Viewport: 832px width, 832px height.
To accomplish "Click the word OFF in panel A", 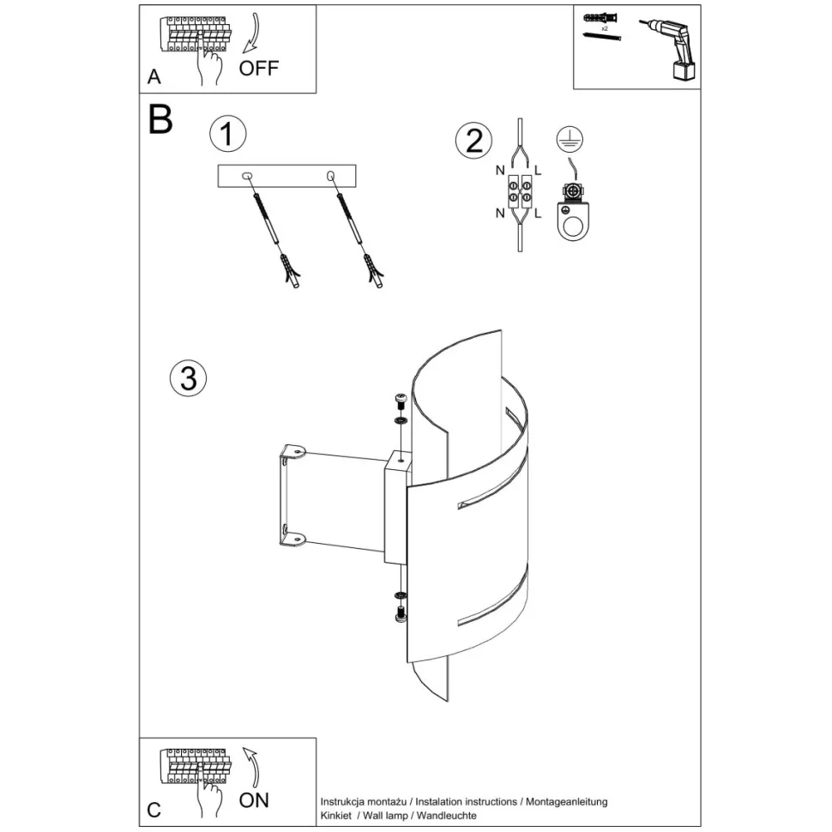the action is click(x=258, y=68).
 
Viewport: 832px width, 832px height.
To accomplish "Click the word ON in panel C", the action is click(x=254, y=800).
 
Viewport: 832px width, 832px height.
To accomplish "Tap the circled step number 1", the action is click(x=228, y=133).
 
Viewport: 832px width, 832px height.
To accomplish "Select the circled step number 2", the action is click(x=473, y=141).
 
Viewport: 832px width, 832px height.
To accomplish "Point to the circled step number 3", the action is click(x=189, y=378).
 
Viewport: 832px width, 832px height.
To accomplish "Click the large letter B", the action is click(x=160, y=119).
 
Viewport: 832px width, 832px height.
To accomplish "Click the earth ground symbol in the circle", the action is click(x=570, y=140).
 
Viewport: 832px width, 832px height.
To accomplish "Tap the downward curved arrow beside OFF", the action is click(x=252, y=33).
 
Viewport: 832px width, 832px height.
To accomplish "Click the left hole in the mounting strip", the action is click(x=247, y=176).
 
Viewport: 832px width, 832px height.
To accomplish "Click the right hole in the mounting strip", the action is click(x=330, y=175).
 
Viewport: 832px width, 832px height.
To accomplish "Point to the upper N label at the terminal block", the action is click(x=500, y=171).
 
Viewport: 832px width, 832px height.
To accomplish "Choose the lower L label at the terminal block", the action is click(x=538, y=214).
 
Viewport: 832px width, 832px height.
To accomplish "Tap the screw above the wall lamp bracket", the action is click(x=400, y=401).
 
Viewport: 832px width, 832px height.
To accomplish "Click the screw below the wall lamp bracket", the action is click(x=400, y=614).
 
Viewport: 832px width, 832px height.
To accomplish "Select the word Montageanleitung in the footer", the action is click(x=567, y=802).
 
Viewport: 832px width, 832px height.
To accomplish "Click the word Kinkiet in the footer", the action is click(x=336, y=816).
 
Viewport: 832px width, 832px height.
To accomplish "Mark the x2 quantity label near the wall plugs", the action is click(x=605, y=28).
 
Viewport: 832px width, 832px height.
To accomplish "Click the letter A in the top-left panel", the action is click(x=154, y=77).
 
